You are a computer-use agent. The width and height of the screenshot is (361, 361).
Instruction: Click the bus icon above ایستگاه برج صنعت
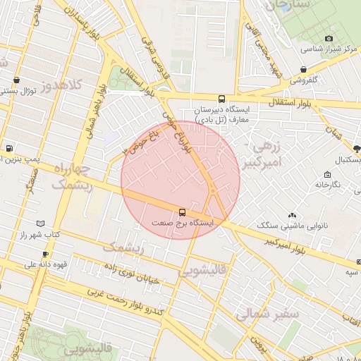tap(183, 212)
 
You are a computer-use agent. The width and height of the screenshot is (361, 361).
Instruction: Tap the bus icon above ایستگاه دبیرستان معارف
tap(222, 99)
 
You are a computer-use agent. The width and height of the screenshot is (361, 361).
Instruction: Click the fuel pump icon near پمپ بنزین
tap(8, 149)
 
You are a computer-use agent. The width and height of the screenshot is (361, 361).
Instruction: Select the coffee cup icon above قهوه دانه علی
tap(45, 254)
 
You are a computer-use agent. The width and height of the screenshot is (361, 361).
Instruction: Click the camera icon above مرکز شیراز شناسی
tap(328, 39)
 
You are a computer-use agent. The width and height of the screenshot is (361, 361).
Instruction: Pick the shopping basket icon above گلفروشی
tap(302, 69)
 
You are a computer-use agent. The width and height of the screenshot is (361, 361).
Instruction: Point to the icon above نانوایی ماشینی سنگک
tap(292, 214)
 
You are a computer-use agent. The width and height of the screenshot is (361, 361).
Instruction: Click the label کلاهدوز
tap(62, 87)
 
